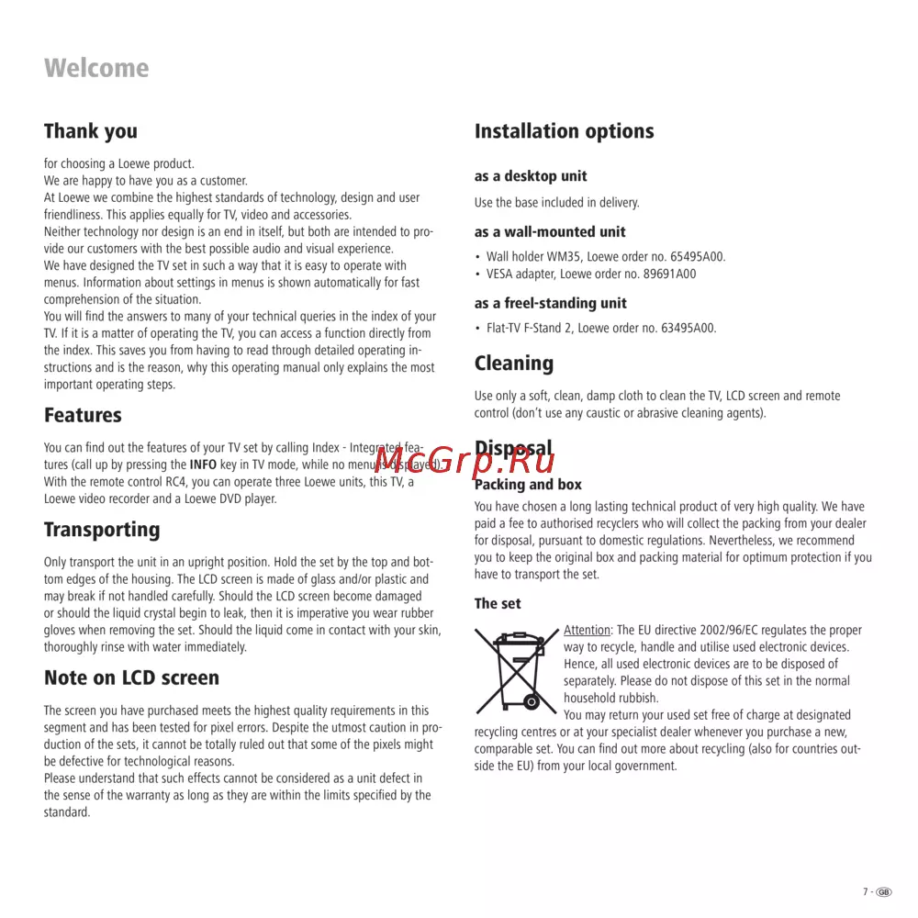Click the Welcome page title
pyautogui.click(x=96, y=68)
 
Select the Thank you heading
pyautogui.click(x=91, y=131)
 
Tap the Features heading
pyautogui.click(x=83, y=415)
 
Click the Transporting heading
pyautogui.click(x=102, y=530)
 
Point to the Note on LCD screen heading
pyautogui.click(x=132, y=678)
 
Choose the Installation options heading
pyautogui.click(x=564, y=131)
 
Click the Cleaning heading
pyautogui.click(x=514, y=364)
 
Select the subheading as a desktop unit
pyautogui.click(x=531, y=176)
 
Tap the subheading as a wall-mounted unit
pyautogui.click(x=550, y=232)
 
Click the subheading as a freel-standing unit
pyautogui.click(x=551, y=303)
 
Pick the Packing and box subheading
pyautogui.click(x=528, y=485)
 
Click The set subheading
pyautogui.click(x=498, y=603)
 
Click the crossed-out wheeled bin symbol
pyautogui.click(x=516, y=669)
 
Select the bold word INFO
pyautogui.click(x=203, y=465)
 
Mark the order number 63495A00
pyautogui.click(x=687, y=328)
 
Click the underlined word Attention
pyautogui.click(x=587, y=631)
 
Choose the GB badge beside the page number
pyautogui.click(x=884, y=891)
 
